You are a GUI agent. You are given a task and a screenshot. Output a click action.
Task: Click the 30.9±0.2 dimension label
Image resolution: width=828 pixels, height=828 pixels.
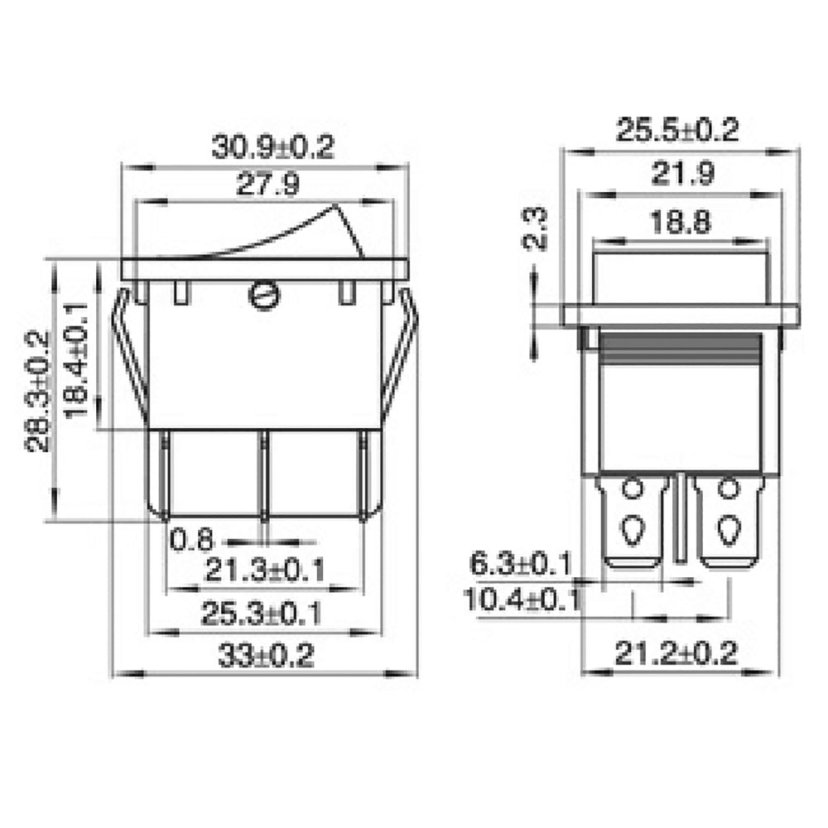click(x=272, y=147)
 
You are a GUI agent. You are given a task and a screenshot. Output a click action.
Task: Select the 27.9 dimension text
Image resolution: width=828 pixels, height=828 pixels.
click(x=267, y=185)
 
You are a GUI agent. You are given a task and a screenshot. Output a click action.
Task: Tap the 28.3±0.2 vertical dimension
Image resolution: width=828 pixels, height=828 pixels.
click(x=39, y=391)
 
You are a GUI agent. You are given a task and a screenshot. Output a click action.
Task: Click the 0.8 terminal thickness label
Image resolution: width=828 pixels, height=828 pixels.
click(x=192, y=541)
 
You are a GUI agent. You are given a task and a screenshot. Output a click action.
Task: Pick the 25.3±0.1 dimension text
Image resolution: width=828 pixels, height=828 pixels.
click(x=262, y=614)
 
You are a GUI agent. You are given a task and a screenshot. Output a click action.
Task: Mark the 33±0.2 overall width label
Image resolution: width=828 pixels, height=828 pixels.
click(x=267, y=657)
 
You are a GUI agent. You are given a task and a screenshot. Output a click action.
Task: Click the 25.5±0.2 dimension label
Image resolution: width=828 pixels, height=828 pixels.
click(x=676, y=130)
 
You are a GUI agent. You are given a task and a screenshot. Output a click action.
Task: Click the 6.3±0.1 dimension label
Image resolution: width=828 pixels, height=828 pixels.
click(x=520, y=565)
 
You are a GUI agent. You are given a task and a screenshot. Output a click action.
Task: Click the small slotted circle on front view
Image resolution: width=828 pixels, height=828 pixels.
click(x=265, y=296)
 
